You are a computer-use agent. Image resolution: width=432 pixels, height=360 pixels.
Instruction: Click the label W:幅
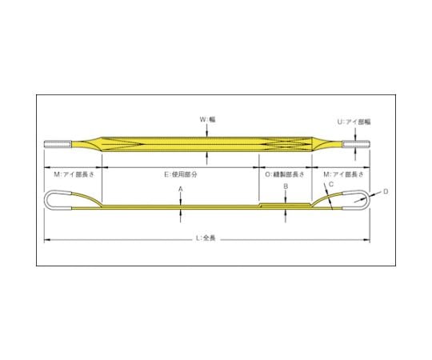(x=207, y=119)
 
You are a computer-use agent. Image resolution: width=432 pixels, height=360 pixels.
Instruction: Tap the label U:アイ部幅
(x=354, y=122)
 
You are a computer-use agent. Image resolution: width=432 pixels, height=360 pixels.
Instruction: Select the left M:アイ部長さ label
(x=74, y=174)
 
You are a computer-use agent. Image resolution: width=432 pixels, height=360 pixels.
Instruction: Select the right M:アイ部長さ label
(x=343, y=174)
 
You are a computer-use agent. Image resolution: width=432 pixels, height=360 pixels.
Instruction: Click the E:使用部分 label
(x=181, y=174)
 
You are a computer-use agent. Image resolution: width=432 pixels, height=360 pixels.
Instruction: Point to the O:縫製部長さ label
(x=285, y=174)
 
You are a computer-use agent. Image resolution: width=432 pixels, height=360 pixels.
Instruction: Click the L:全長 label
(x=206, y=238)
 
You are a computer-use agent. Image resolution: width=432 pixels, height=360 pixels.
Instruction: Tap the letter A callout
(x=181, y=189)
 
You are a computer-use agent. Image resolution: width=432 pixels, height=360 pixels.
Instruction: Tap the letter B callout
(x=286, y=186)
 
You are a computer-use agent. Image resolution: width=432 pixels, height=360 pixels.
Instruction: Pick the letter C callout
(x=331, y=184)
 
